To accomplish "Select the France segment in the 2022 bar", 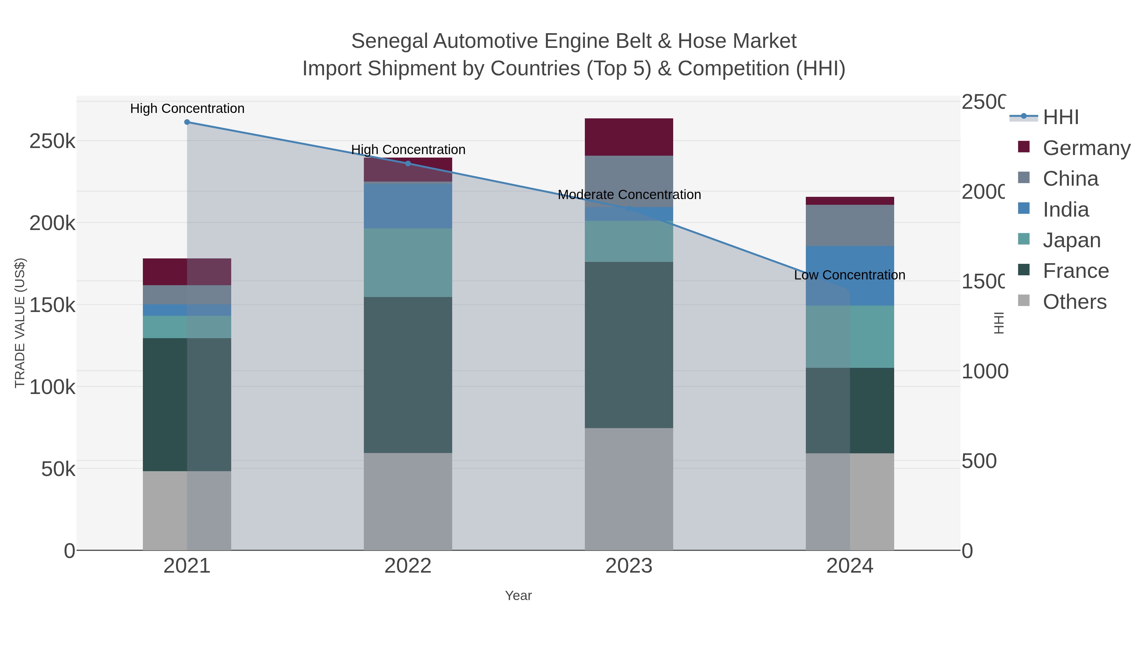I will tap(408, 375).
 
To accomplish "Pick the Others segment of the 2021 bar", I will tap(187, 510).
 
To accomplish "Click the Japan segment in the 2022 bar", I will tap(408, 263).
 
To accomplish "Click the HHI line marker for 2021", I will tap(187, 122).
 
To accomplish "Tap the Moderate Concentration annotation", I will tap(629, 195).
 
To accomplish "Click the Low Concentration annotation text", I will tap(850, 275).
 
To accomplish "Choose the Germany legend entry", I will tap(1086, 148).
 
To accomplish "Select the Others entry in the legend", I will tap(1074, 302).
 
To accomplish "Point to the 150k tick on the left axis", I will tap(52, 305).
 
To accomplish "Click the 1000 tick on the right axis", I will tap(984, 371).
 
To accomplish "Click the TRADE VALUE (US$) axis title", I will tap(20, 323).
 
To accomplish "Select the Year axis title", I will tap(518, 596).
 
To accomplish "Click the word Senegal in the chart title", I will tap(389, 41).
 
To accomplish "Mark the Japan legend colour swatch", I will tap(1024, 239).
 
